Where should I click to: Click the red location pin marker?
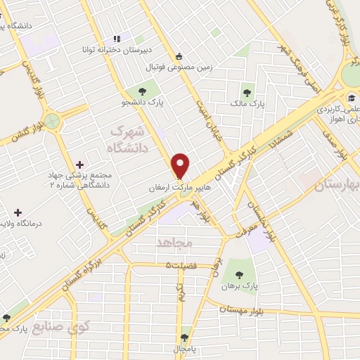pos(181,166)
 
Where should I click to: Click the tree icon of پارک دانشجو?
pos(143,91)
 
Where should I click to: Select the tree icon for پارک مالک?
pos(247,91)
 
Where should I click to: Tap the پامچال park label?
pos(185,349)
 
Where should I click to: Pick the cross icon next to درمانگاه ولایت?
pos(18,212)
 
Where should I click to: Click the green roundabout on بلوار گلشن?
pos(51,121)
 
